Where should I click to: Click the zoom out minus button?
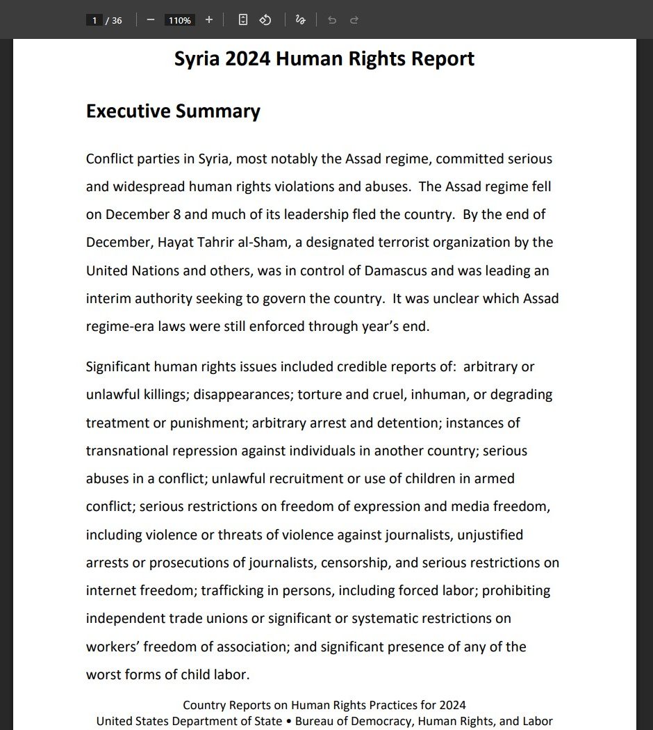(151, 20)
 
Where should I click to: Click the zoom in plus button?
(209, 20)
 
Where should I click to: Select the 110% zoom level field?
(179, 20)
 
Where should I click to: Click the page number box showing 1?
(94, 20)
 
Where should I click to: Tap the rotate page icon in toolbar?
(265, 20)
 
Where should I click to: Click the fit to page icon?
(242, 20)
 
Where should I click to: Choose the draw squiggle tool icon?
(300, 20)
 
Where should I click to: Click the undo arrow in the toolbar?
(332, 20)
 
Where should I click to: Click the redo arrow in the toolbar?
(354, 20)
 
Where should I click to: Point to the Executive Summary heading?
(173, 111)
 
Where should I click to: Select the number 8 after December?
(177, 215)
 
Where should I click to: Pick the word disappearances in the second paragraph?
(243, 395)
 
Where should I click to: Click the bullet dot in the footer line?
(289, 722)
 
